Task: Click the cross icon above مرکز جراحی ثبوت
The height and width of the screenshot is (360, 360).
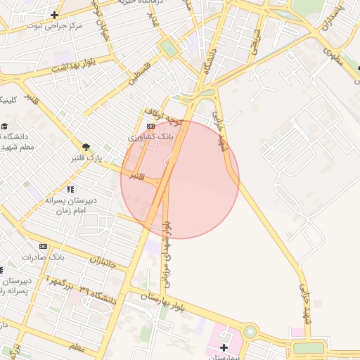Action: pos(55,15)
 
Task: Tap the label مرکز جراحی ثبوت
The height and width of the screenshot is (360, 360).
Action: pos(55,25)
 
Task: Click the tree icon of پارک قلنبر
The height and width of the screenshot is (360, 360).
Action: pos(86,147)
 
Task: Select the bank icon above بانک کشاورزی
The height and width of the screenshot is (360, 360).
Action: pos(150,126)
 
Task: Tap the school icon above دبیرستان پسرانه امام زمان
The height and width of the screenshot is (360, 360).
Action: pos(70,189)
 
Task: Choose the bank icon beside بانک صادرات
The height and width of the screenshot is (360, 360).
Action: pos(44,246)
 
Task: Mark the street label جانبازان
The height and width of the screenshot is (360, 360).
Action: pos(103,264)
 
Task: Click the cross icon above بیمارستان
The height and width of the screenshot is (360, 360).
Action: pos(224,347)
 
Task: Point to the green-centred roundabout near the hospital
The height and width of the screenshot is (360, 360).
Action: pos(250,331)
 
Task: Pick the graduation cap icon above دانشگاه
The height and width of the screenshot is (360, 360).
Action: pos(5,126)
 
